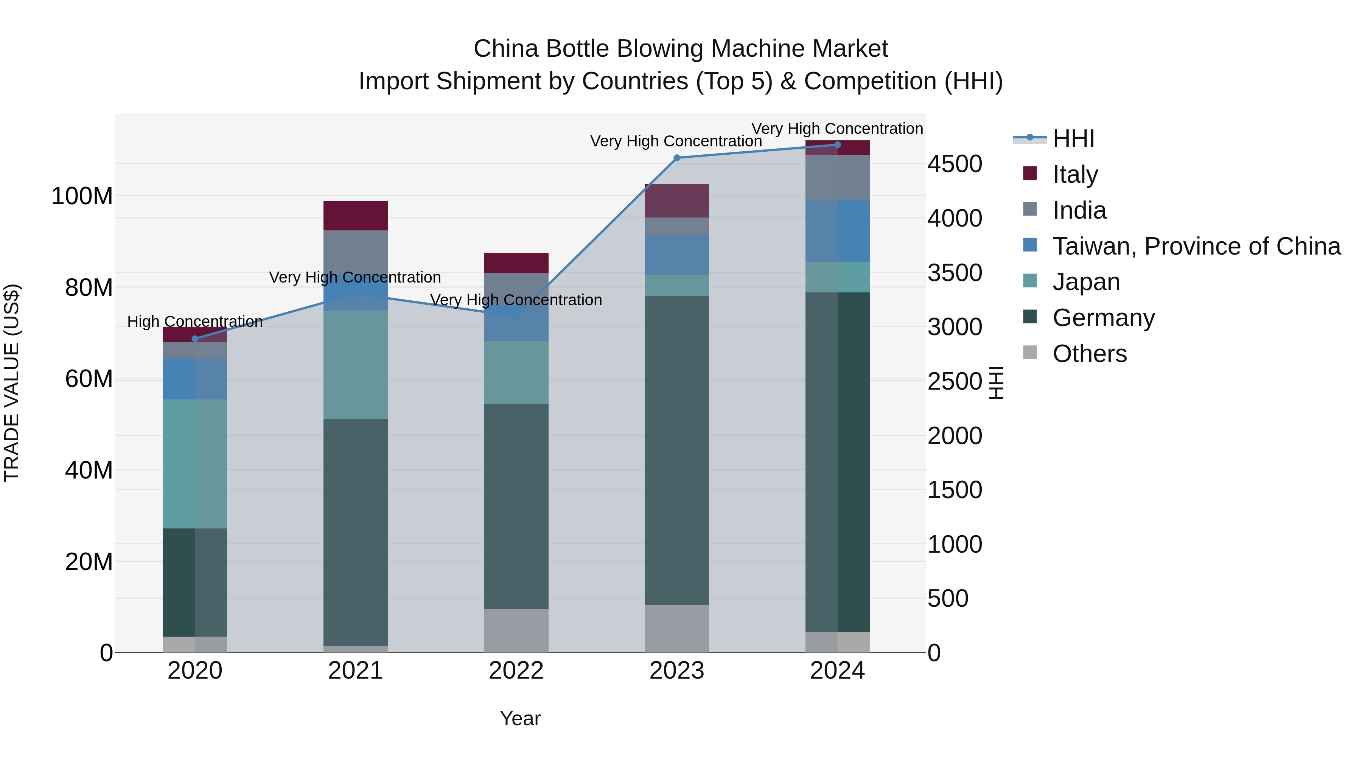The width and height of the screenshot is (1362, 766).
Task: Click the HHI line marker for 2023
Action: pyautogui.click(x=677, y=157)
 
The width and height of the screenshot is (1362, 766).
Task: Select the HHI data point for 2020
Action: pyautogui.click(x=195, y=339)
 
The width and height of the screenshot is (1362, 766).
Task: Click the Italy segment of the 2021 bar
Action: pyautogui.click(x=355, y=216)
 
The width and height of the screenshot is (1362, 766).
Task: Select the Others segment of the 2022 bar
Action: pyautogui.click(x=516, y=630)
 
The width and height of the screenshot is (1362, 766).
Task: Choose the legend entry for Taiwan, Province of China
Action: pyautogui.click(x=1196, y=246)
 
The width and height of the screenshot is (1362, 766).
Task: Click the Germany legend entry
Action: pyautogui.click(x=1104, y=318)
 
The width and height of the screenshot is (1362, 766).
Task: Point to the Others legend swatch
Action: pyautogui.click(x=1030, y=353)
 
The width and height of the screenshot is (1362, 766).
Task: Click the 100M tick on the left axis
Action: pyautogui.click(x=82, y=196)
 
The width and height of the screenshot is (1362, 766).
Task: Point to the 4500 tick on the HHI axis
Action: pyautogui.click(x=955, y=164)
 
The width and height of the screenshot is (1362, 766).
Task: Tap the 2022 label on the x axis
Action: pyautogui.click(x=516, y=671)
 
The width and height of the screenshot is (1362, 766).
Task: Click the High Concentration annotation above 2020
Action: pyautogui.click(x=195, y=322)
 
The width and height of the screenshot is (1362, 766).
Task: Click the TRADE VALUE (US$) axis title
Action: pyautogui.click(x=12, y=383)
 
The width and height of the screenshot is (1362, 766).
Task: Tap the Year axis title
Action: pyautogui.click(x=520, y=718)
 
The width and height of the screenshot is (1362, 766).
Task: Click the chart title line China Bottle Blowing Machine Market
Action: pyautogui.click(x=681, y=49)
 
